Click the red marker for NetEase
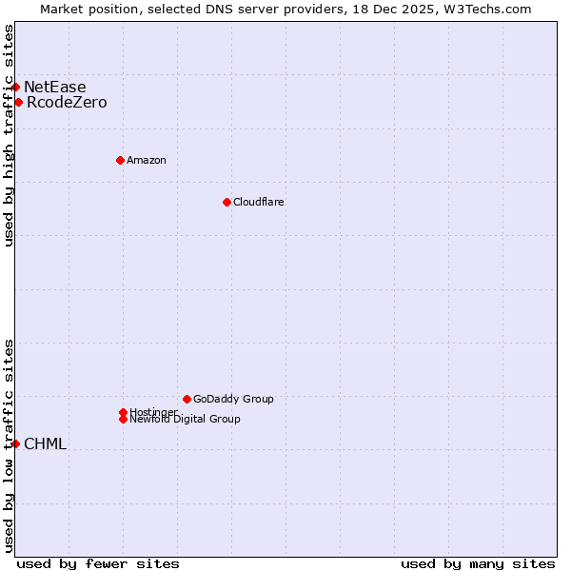16,87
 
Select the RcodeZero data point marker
18,102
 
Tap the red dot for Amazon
120,160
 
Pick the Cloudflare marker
226,202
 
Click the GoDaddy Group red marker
187,399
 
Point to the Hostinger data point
123,412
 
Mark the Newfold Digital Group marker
123,419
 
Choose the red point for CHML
16,443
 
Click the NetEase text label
54,87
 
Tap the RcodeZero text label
67,102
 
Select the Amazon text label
147,160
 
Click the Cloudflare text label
259,202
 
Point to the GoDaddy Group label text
233,399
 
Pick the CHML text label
45,443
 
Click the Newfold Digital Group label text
186,420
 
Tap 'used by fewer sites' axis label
98,563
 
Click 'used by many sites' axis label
478,563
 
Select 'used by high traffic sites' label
9,135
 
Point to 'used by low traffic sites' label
9,445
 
